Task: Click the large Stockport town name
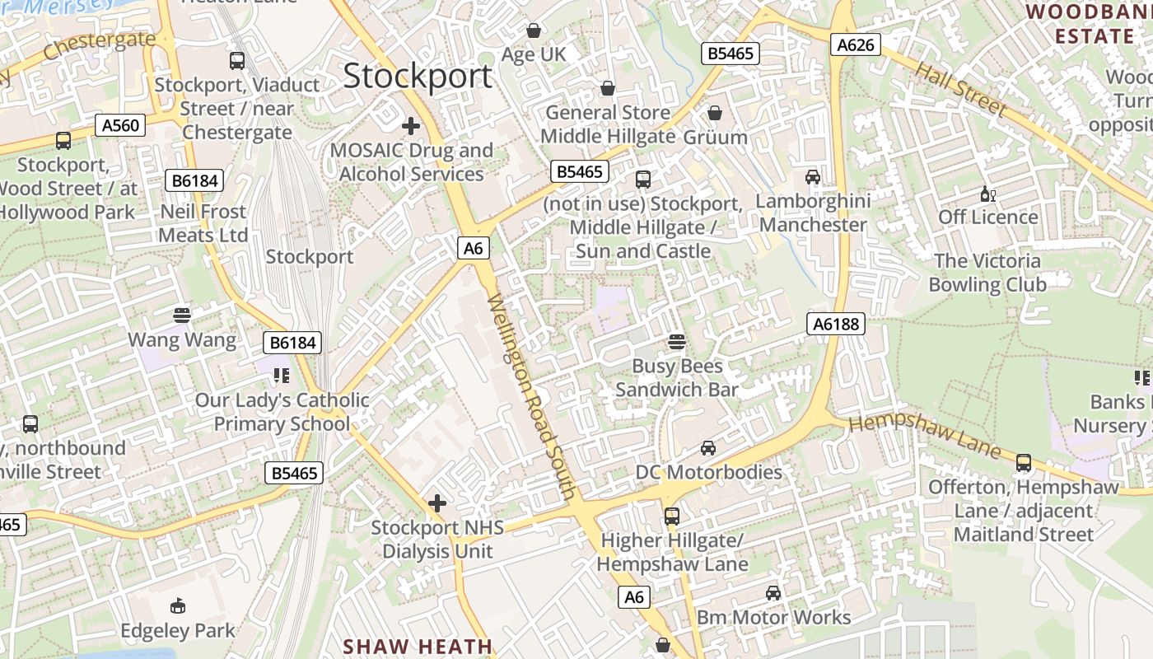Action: coord(418,77)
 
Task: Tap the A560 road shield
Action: coord(120,125)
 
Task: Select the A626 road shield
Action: coord(855,44)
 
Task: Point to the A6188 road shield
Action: coord(836,325)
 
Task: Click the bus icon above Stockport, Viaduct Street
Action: coord(237,60)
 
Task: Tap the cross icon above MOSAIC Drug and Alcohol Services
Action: coord(410,126)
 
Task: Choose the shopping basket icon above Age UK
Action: coord(534,30)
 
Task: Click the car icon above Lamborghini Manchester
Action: coord(813,177)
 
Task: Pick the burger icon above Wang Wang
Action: coord(182,315)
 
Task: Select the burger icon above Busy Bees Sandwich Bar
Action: coord(677,341)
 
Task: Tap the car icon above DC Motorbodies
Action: coord(707,448)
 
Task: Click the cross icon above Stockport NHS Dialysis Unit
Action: coord(437,502)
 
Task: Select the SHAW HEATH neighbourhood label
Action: coord(418,647)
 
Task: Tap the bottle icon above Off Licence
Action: coord(987,194)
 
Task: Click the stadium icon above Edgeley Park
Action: coord(177,607)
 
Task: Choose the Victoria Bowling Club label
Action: coord(987,273)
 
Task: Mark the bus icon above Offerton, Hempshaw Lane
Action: coord(1024,463)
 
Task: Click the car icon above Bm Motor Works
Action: coord(773,593)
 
